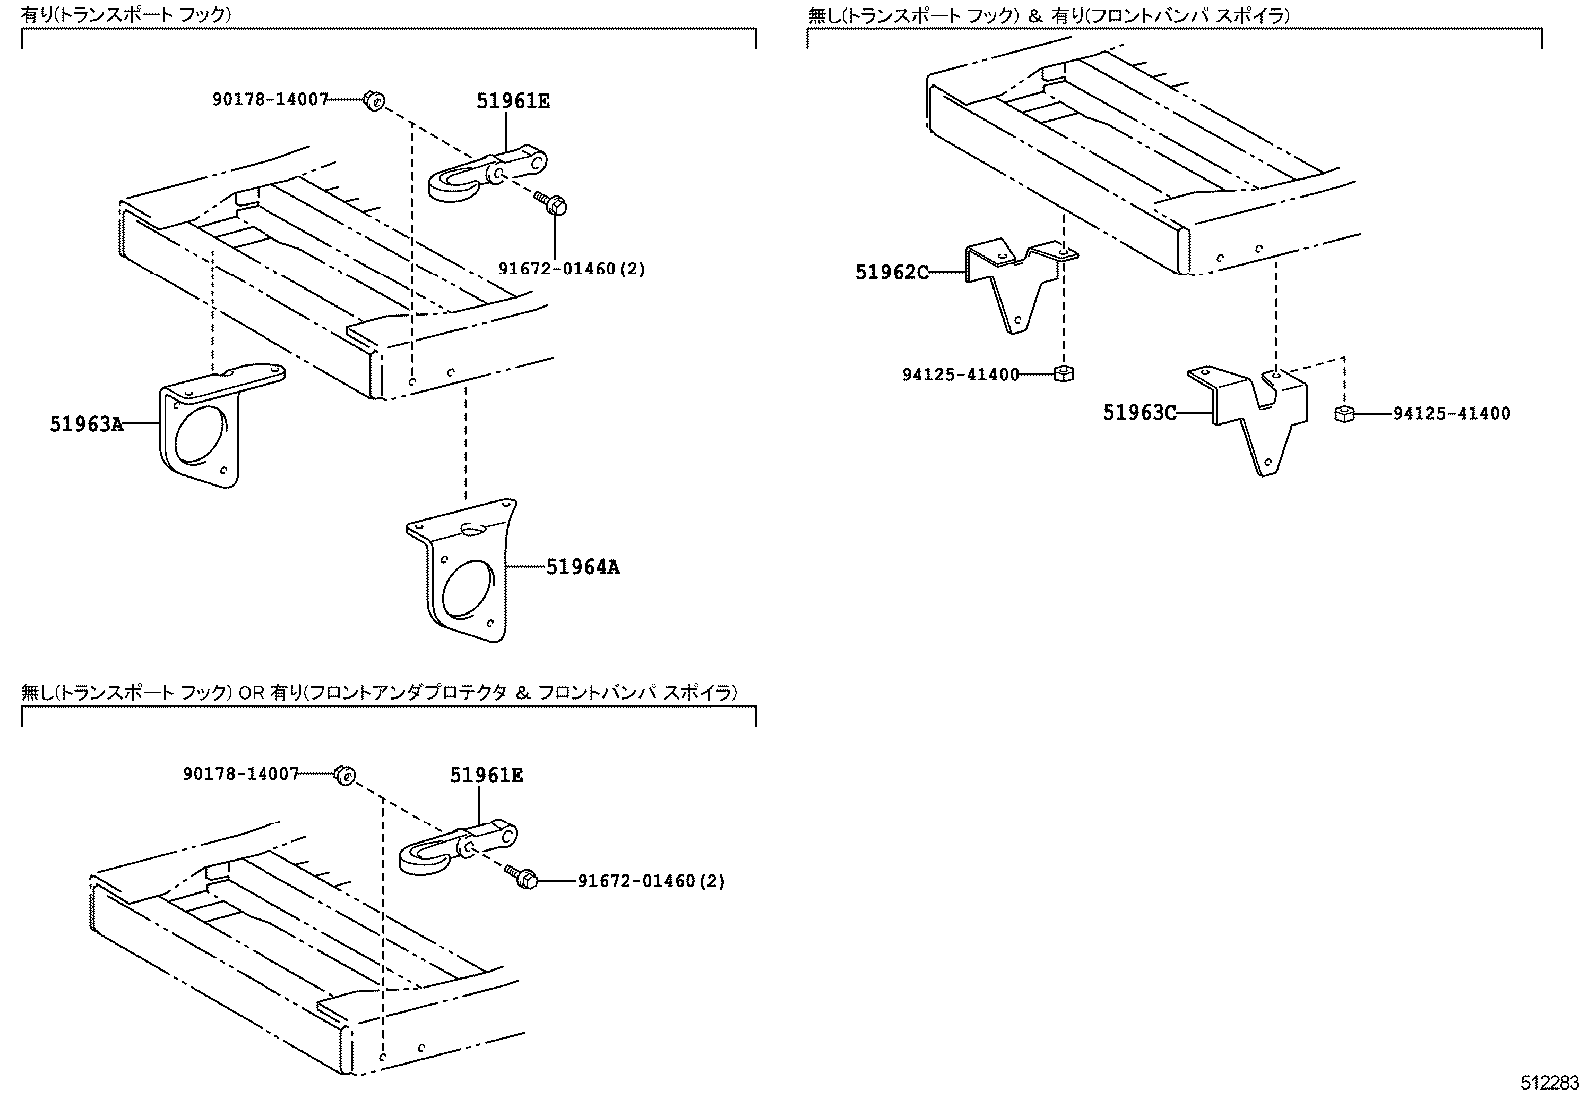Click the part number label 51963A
click(86, 424)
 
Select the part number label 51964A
click(583, 567)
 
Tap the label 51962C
click(891, 271)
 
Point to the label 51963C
click(1139, 412)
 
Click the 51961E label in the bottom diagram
click(486, 775)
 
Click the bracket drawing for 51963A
click(205, 429)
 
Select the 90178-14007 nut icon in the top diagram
click(375, 100)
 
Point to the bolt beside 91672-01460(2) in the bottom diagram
click(525, 878)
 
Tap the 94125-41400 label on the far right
click(1451, 414)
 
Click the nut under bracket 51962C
click(1063, 374)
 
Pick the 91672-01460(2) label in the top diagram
click(571, 269)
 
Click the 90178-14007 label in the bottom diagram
click(241, 774)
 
